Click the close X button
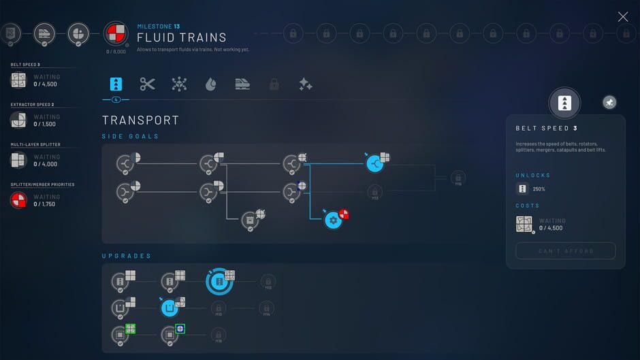622,17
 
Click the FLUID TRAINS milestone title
182,37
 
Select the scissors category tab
148,84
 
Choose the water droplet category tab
211,84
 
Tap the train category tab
242,84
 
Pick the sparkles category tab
305,84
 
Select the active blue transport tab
116,84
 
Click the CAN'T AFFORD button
565,251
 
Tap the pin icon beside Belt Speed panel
609,102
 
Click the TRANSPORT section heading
140,120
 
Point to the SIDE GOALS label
130,137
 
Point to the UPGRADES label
126,256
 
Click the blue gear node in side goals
332,220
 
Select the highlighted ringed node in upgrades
219,281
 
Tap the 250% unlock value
539,189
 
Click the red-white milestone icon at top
114,33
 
